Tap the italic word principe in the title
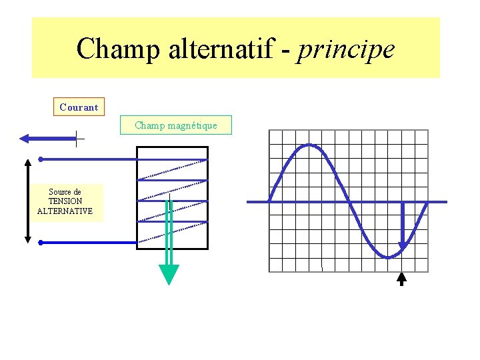pos(346,49)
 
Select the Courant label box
pos(79,107)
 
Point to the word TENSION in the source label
pos(65,201)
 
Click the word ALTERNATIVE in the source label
pos(65,211)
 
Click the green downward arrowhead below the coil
pos(169,274)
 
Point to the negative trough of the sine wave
pos(388,257)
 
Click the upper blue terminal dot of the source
pos(41,159)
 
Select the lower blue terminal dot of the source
pos(41,243)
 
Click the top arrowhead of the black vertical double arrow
pos(27,163)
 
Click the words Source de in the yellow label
pos(65,192)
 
